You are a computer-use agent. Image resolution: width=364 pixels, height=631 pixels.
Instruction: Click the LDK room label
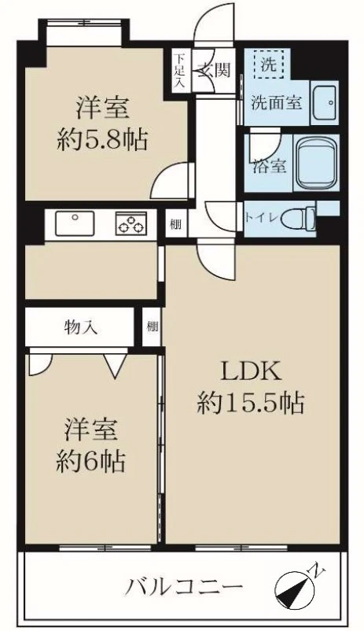249,371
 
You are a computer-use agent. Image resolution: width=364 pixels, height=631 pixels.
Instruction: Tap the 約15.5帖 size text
250,403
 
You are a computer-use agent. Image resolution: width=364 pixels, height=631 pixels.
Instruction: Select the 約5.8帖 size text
102,138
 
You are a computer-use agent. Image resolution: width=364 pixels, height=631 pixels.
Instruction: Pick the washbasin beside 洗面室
325,102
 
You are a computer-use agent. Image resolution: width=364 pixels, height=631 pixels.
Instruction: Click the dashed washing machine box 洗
268,65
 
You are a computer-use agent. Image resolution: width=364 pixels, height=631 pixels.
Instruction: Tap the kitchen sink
75,223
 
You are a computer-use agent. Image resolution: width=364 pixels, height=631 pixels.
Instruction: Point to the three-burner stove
131,223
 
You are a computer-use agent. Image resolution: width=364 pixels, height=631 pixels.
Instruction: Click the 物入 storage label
81,328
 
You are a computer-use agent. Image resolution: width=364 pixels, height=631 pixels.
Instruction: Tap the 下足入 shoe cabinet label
179,71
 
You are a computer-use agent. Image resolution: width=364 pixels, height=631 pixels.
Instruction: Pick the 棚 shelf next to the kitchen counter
175,224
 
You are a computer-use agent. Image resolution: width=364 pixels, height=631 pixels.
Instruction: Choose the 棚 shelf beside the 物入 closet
152,327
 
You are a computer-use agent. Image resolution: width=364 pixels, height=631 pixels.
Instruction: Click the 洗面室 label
276,103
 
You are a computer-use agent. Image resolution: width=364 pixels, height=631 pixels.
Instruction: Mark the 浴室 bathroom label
270,166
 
